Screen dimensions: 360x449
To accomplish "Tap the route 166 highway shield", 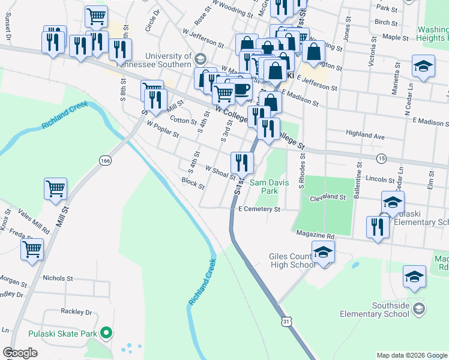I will (106, 161).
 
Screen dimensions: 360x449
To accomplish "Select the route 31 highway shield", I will (287, 323).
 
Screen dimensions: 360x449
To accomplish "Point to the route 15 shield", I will (381, 158).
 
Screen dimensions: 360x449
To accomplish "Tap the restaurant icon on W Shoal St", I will (242, 162).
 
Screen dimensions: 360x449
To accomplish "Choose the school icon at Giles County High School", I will (323, 253).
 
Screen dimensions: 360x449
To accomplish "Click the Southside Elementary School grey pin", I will (419, 309).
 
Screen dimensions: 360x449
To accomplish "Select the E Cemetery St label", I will (259, 209).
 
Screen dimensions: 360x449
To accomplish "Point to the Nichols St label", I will (58, 278).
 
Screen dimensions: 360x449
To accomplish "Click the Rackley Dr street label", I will (76, 312).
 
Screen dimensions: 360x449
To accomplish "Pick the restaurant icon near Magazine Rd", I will (378, 227).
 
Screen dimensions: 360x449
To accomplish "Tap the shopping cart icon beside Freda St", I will (32, 249).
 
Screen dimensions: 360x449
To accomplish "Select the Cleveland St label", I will (328, 197).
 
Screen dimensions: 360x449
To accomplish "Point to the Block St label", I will (193, 182).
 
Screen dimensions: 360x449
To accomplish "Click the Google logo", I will (20, 353).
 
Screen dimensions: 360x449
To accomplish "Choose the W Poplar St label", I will (163, 130).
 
